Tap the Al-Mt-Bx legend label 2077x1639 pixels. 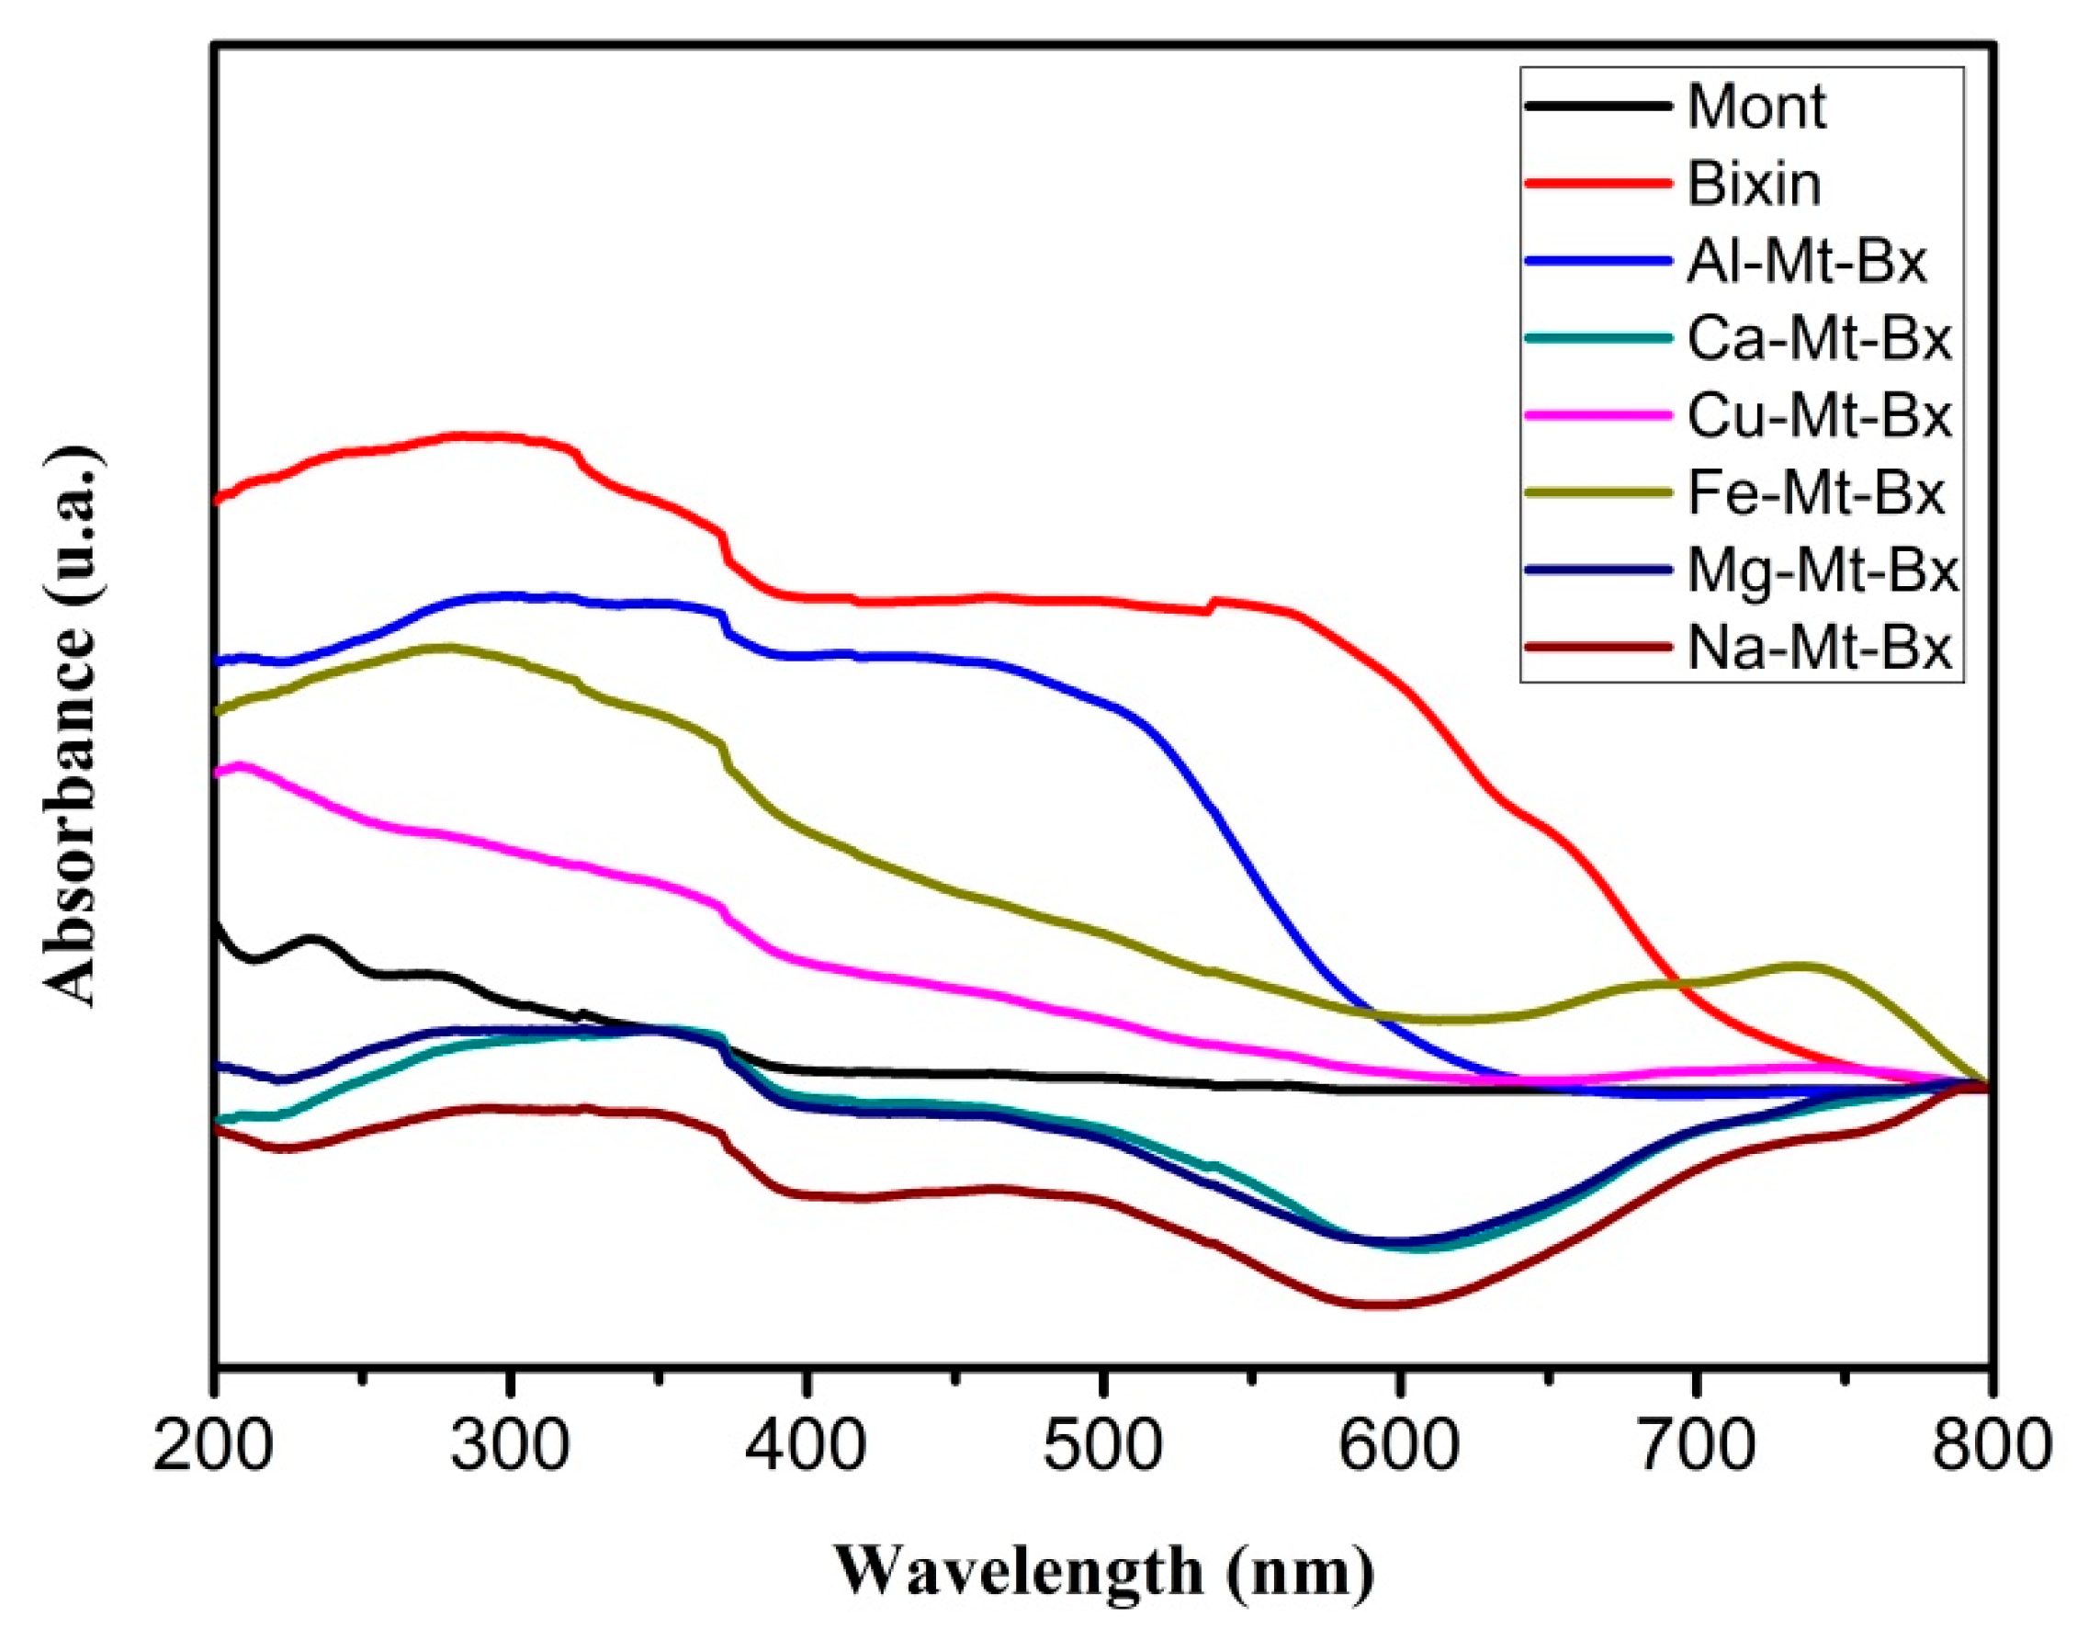(x=1805, y=261)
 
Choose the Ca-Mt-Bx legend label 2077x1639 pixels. (x=1819, y=339)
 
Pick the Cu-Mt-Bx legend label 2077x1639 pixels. (x=1819, y=416)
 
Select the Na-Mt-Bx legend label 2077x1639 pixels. (x=1819, y=650)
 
